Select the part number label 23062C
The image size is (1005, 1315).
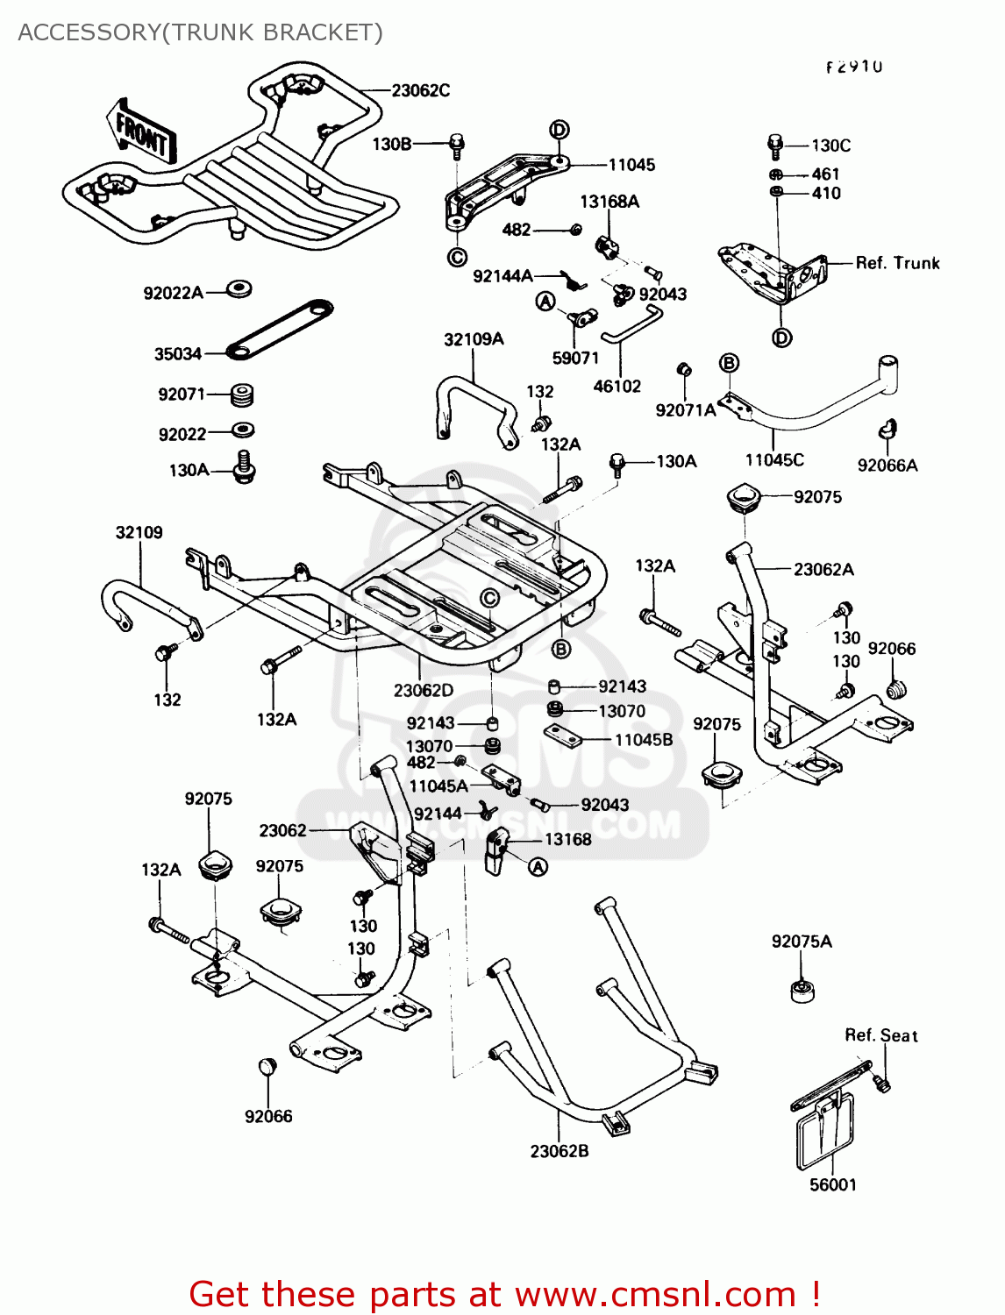point(420,90)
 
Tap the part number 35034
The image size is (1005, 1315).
point(178,354)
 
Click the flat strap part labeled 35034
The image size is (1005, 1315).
point(281,328)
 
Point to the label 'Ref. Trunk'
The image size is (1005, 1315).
point(897,263)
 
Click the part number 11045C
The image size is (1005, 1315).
point(774,460)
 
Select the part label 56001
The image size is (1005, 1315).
point(832,1185)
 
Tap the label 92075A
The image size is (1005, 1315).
point(802,942)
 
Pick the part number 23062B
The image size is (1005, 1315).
point(560,1151)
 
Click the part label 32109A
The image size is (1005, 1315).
point(474,340)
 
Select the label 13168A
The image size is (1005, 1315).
point(609,202)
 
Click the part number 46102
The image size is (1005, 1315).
point(617,387)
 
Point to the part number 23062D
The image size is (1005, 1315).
point(424,691)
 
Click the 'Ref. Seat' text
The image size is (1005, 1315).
point(880,1035)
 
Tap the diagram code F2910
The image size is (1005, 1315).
point(853,67)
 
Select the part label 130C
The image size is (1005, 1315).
point(830,146)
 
